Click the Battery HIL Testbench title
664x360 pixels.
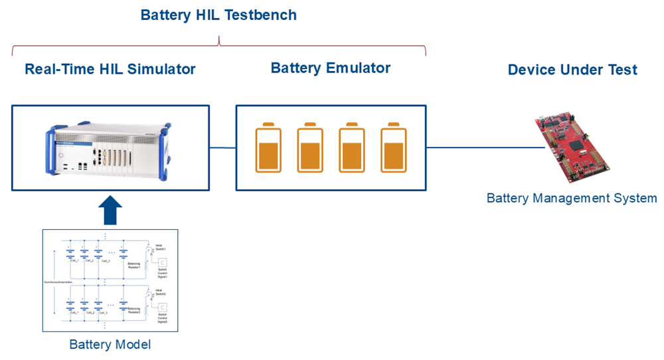[218, 15]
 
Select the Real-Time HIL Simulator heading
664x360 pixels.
[110, 68]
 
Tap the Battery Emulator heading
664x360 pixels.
[331, 68]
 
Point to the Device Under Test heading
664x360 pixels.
[572, 70]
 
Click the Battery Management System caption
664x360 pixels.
[572, 198]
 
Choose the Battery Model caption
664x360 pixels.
[110, 345]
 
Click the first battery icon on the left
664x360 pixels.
[268, 147]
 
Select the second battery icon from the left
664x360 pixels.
[309, 147]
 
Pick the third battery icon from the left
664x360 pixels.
[351, 147]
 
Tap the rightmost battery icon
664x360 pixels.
[392, 147]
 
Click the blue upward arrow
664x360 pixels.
[110, 211]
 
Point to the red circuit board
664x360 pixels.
[572, 147]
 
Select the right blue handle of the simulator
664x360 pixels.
[167, 149]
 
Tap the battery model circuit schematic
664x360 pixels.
[110, 280]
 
